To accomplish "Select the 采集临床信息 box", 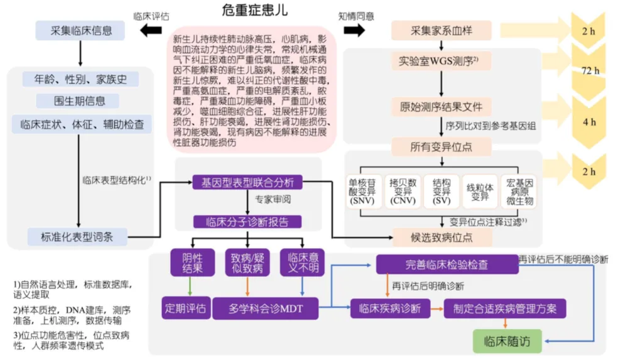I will click(80, 30).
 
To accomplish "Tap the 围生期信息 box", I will click(79, 101).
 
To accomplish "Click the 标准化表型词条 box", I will click(79, 237).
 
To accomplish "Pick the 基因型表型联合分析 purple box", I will click(247, 183).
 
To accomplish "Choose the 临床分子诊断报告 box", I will click(247, 221).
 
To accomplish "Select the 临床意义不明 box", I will click(303, 263).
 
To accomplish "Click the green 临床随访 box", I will click(507, 341).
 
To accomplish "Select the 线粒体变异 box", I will click(480, 192).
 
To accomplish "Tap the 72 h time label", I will click(589, 70).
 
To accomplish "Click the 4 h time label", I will click(589, 122).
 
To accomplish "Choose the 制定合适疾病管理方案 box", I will click(506, 308).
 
